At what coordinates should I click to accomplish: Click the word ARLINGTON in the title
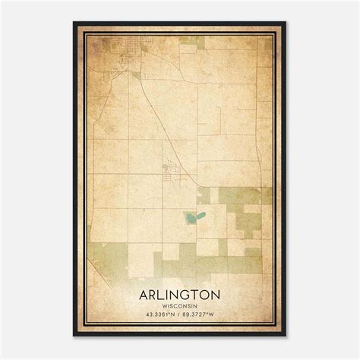pyautogui.click(x=180, y=293)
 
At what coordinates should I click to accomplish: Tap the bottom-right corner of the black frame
pyautogui.click(x=286, y=335)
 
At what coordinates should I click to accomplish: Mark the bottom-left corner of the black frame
pyautogui.click(x=74, y=335)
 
